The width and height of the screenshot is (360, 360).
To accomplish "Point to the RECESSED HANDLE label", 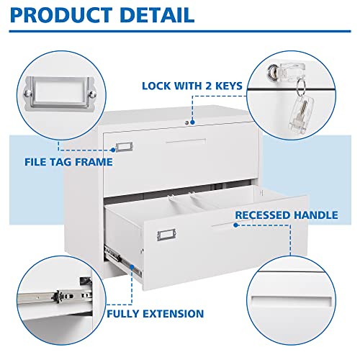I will pos(286,215).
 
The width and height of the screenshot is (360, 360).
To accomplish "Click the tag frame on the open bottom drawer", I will pos(163,235).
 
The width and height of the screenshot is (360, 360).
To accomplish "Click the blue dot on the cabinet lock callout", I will pos(192,102).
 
